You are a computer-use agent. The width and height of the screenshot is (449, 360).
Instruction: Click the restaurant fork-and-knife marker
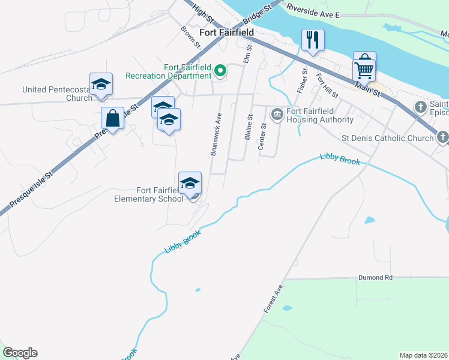(x=313, y=40)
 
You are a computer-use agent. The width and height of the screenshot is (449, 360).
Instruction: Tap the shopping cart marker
(x=364, y=70)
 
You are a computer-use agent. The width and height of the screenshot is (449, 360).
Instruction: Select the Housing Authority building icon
(x=277, y=114)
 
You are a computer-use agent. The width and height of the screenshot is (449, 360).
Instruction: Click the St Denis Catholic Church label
(x=387, y=138)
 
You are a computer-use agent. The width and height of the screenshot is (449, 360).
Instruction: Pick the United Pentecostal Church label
(x=57, y=94)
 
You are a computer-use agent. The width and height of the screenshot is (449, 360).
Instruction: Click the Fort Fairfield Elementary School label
(x=149, y=194)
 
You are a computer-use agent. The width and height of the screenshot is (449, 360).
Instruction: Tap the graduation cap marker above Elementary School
(x=190, y=183)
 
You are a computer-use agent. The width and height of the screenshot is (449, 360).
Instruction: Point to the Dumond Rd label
(x=375, y=278)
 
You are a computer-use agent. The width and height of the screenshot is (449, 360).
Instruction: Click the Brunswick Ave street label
(x=216, y=135)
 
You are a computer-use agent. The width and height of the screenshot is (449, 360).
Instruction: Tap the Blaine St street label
(x=248, y=127)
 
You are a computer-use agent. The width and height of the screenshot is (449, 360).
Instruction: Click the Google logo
(x=20, y=353)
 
